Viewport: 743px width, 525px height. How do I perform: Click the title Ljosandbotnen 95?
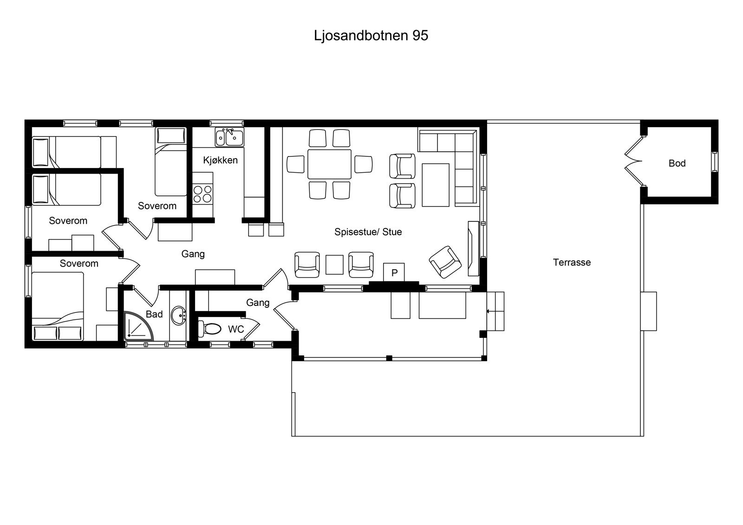tap(371, 36)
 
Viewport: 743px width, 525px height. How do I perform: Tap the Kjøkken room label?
tap(220, 160)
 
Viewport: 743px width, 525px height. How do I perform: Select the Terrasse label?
tap(572, 262)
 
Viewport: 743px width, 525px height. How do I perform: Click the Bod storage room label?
tap(677, 163)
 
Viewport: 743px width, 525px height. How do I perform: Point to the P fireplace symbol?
tap(394, 272)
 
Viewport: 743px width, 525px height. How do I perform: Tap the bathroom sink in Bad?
tap(178, 316)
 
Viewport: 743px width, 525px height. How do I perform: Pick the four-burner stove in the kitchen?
tap(202, 194)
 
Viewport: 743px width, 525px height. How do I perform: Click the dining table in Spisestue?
tap(329, 164)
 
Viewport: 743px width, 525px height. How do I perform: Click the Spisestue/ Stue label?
tap(368, 232)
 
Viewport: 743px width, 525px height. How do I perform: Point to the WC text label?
tap(236, 330)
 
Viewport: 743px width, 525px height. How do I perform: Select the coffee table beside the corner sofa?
tap(436, 184)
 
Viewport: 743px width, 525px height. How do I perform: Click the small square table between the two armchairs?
tap(334, 265)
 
